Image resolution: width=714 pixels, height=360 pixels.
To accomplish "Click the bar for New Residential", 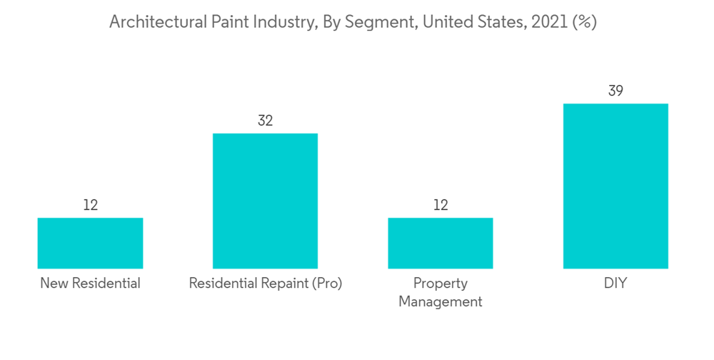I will coord(90,243).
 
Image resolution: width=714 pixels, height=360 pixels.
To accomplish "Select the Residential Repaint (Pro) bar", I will coord(265,201).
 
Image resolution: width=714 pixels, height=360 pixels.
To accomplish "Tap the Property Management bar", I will coord(441,243).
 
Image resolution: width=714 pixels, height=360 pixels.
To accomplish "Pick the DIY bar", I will coord(615,186).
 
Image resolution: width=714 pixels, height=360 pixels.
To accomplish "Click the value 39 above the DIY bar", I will coord(615,91).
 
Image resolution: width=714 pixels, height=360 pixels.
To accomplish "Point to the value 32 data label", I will coord(265,121).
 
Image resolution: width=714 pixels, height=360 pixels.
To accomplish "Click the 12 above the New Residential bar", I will coord(90,205).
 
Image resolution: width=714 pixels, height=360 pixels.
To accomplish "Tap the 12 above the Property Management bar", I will coord(441,205).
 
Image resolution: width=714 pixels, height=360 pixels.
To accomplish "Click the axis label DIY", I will coord(615,284).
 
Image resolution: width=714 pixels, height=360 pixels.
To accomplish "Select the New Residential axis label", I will coord(90,284).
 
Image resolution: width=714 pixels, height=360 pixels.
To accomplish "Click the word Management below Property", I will coord(441,301).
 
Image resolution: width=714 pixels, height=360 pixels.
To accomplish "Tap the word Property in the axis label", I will coord(441,284).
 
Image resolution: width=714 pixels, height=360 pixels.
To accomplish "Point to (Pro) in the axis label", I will coord(327,284).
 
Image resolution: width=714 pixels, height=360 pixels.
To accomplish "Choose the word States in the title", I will coord(501,23).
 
